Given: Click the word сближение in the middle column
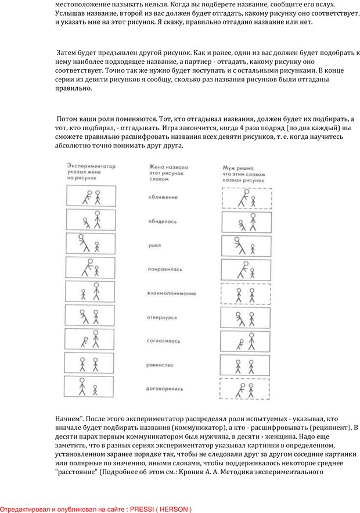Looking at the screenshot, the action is point(163,198).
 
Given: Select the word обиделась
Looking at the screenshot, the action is point(162,221).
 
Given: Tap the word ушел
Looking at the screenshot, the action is point(154,245).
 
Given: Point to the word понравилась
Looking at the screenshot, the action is point(165,270).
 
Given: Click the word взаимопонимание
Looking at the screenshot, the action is point(171,293).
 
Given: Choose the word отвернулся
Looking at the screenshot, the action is point(161,317).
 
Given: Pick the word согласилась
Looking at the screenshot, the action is point(163,341).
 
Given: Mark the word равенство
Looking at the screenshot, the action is point(160,365).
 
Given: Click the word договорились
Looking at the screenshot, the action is point(164,389).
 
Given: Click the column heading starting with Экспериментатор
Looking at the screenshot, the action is point(91,172).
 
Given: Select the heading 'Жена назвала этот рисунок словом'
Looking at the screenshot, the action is point(168,173).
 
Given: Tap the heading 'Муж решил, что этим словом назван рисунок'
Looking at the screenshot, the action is point(244,174).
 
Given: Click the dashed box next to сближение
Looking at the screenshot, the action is point(222,198).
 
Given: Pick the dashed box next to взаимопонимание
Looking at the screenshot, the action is point(221,294).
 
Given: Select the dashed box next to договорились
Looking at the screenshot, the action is point(220,389).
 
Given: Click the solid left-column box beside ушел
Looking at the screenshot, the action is point(66,243).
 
